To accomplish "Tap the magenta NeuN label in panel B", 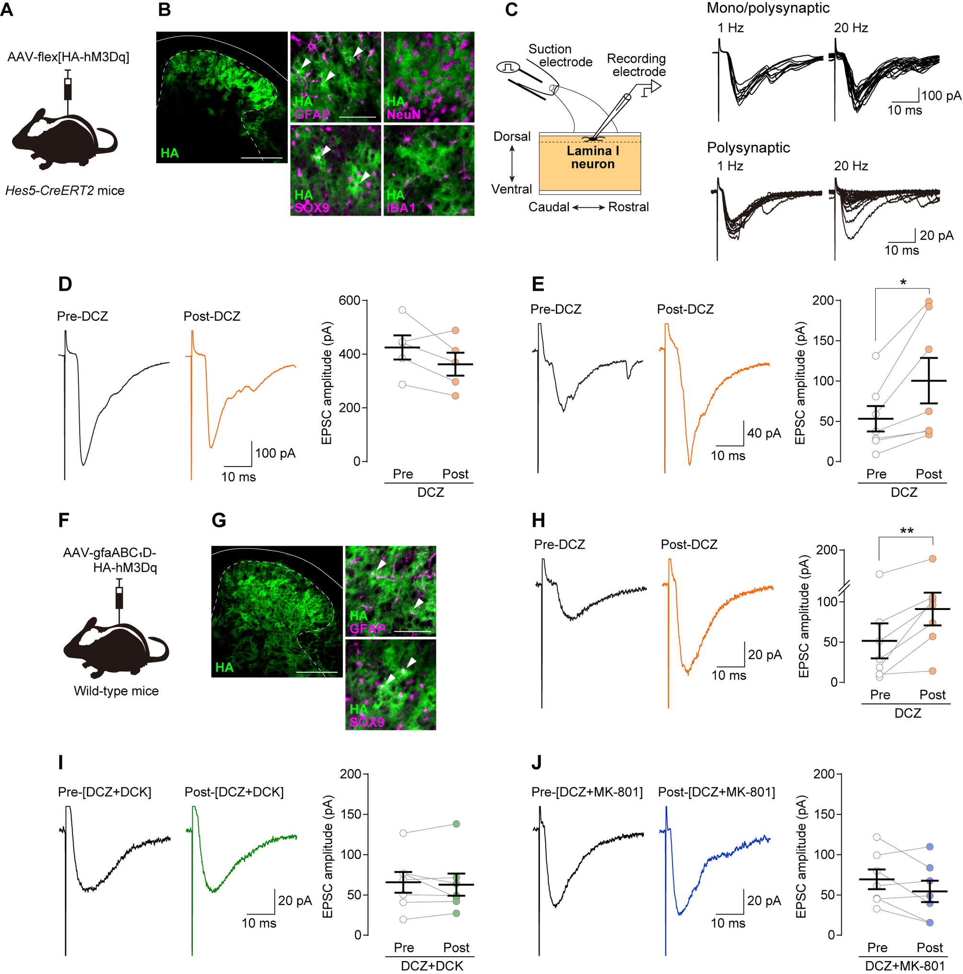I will (x=403, y=115).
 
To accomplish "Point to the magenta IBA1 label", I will (x=401, y=207).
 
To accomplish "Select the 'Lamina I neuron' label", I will (x=592, y=157).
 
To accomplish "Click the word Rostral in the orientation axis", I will (x=628, y=207).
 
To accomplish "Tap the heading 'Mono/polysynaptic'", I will (x=767, y=8).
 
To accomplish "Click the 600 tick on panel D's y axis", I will (x=350, y=301).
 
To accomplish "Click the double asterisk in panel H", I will (x=906, y=531).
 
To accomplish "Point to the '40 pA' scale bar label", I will (x=763, y=433).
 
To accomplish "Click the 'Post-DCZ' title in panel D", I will (x=212, y=316).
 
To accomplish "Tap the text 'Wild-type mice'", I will (x=116, y=691).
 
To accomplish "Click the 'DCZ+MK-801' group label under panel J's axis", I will (x=904, y=966).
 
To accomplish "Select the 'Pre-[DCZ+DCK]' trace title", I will (x=105, y=792).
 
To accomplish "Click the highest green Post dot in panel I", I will (x=456, y=824).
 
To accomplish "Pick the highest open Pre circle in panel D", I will (x=402, y=310).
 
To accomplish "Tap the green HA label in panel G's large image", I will (x=224, y=668).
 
